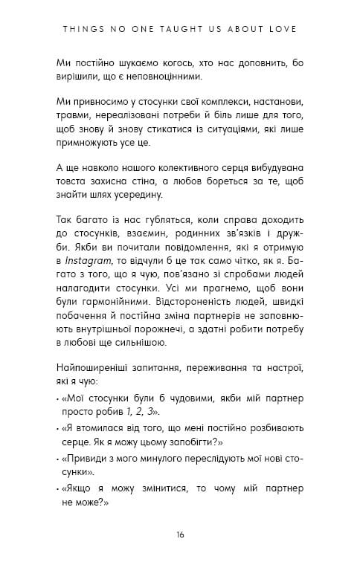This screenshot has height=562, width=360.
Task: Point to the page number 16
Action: pyautogui.click(x=180, y=534)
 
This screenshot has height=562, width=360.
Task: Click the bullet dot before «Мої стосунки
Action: pyautogui.click(x=57, y=397)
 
